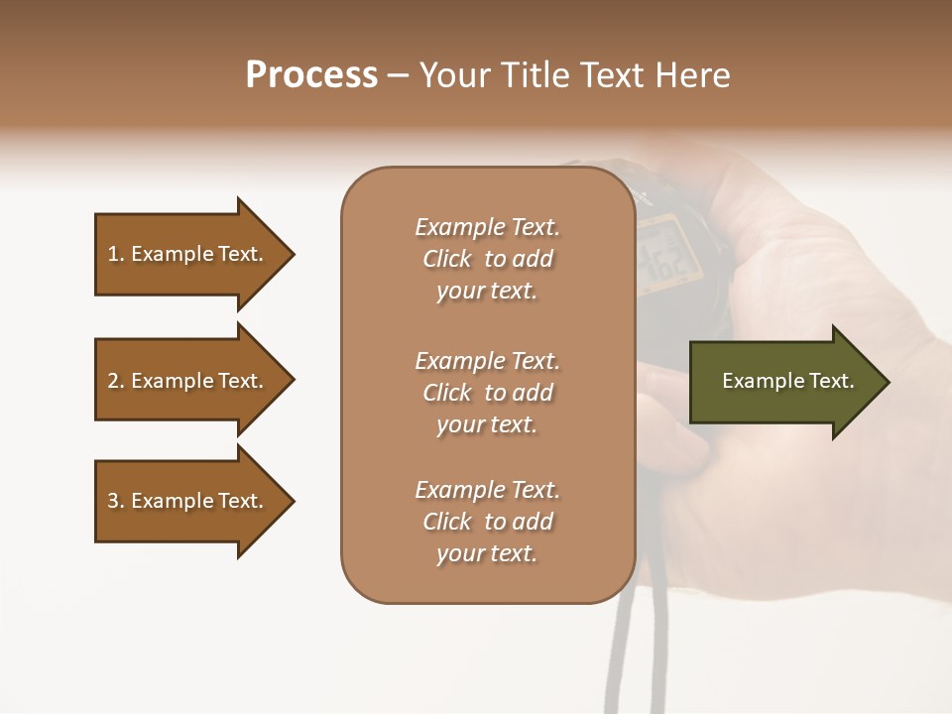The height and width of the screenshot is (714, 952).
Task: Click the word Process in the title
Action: click(x=311, y=75)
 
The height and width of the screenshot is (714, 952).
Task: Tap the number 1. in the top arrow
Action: click(x=116, y=254)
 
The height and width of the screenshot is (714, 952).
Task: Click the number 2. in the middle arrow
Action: click(x=116, y=381)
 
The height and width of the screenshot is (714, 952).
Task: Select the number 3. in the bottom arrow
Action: click(x=116, y=501)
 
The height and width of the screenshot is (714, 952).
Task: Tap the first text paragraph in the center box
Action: click(x=487, y=259)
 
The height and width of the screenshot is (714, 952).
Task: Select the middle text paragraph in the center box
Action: click(x=487, y=393)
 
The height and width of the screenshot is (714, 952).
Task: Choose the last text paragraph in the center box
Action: click(x=487, y=522)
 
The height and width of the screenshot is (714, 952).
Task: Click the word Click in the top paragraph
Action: click(x=447, y=259)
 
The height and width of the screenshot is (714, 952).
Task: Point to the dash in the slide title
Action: click(x=399, y=76)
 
